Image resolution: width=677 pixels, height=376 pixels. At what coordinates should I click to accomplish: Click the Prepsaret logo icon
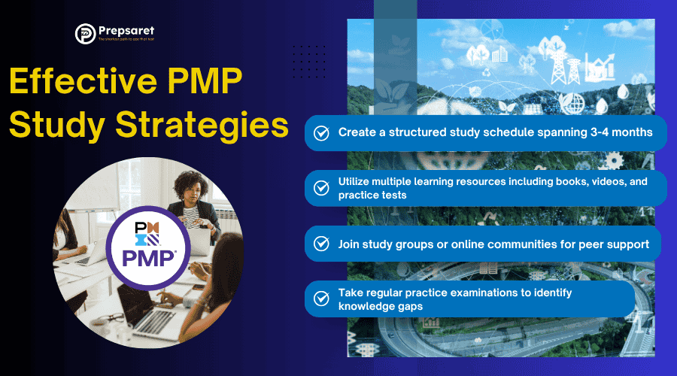[85, 34]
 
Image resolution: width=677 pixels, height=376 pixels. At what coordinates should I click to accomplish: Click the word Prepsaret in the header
[125, 31]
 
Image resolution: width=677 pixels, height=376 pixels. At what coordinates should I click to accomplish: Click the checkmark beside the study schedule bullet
[321, 133]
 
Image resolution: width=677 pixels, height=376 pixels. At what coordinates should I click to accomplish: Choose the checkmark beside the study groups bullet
[321, 244]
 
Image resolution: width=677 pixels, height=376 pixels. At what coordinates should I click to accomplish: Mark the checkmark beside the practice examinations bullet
[321, 299]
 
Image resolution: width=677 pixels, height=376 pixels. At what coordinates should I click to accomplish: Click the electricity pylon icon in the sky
[560, 64]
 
